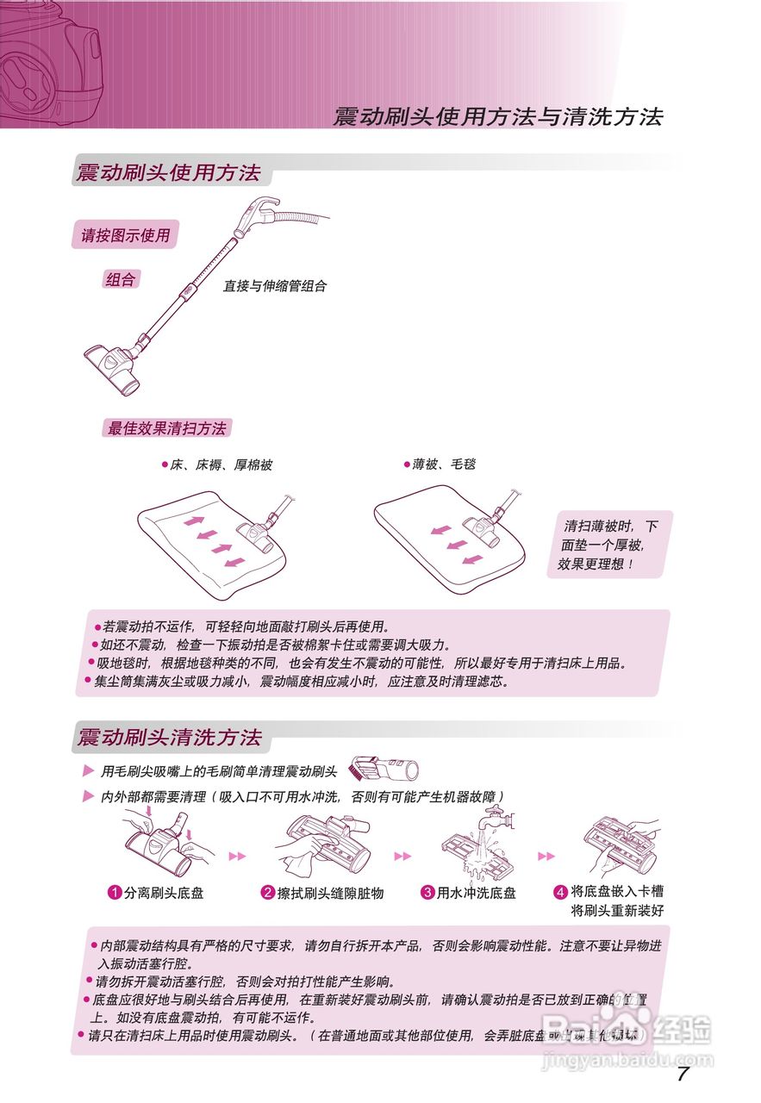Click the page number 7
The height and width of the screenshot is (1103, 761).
pos(683,1074)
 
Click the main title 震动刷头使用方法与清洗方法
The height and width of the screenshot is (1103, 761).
pos(497,118)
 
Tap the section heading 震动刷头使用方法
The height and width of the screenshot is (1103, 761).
pos(169,172)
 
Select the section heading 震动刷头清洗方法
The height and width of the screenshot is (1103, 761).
pos(169,738)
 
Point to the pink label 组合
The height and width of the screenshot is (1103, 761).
pos(120,279)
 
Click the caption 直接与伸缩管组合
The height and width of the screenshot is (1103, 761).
pos(275,286)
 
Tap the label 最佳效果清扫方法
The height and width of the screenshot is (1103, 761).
pos(166,428)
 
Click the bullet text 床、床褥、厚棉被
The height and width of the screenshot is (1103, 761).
pos(221,464)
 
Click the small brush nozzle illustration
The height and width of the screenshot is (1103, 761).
pos(384,768)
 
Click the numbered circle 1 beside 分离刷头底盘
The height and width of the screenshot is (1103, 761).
pos(114,893)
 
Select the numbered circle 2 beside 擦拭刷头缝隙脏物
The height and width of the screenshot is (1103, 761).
pos(267,893)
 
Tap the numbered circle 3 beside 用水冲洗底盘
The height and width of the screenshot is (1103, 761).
pos(427,893)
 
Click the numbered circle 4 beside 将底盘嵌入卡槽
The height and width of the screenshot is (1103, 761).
pos(560,891)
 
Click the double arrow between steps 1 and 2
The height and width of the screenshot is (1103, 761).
pos(237,856)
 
